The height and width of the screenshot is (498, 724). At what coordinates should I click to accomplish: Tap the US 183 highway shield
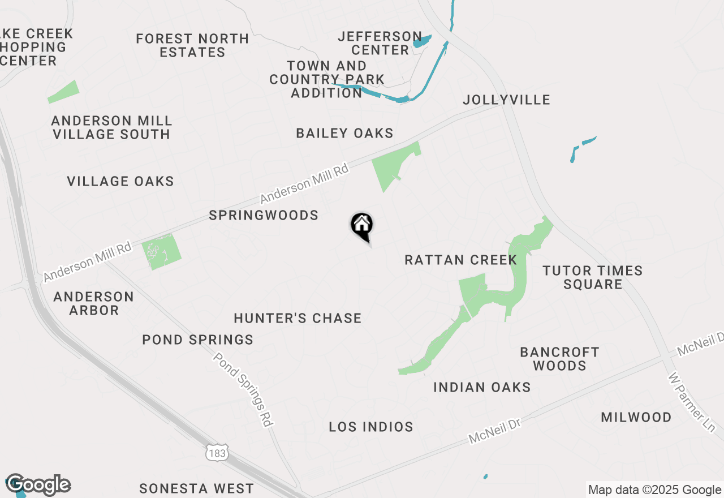coord(217,453)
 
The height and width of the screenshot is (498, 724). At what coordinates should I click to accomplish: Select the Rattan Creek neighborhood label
coord(460,260)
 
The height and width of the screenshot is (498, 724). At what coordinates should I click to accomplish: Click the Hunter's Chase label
coord(298,318)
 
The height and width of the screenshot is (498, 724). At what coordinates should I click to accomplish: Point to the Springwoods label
coord(264,216)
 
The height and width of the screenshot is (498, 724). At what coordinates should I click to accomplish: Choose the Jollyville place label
coord(506,100)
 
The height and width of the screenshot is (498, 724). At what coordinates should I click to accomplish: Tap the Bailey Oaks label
coord(344,134)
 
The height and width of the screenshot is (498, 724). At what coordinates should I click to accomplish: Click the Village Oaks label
coord(120,182)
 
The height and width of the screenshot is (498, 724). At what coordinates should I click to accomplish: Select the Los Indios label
coord(371,427)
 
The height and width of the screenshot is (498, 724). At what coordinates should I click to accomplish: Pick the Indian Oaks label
coord(482,387)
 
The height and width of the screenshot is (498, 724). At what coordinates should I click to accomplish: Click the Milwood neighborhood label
coord(636,418)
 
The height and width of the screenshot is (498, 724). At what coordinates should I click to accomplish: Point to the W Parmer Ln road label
coord(691,402)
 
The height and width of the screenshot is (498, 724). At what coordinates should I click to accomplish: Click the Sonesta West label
coord(196,488)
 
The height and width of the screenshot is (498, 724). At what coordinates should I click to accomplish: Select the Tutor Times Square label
coord(593,277)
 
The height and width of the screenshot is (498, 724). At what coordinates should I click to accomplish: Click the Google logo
coord(38,485)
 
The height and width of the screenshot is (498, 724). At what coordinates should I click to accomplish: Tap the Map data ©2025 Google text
coord(654,490)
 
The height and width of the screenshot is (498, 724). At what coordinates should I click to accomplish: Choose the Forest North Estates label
coord(192,45)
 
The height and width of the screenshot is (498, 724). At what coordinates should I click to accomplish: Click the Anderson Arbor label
coord(94,303)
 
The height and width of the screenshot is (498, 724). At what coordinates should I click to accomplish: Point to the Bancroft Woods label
coord(559,359)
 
